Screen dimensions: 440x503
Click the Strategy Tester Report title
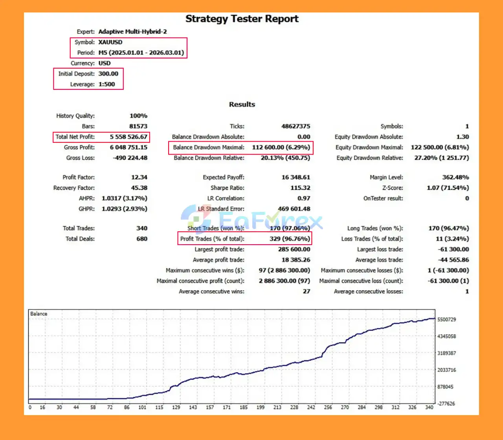tap(242, 19)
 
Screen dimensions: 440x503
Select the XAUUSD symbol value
tap(110, 42)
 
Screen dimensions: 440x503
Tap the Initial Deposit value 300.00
tap(108, 74)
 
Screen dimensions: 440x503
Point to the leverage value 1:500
tap(106, 84)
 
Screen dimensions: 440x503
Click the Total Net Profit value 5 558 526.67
tap(129, 137)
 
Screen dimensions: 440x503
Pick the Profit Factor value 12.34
tap(139, 177)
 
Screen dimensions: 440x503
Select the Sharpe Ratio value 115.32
tap(300, 188)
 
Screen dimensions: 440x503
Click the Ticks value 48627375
tap(296, 126)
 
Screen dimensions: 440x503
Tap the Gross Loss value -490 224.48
tap(130, 158)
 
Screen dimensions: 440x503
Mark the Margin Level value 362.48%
tap(455, 177)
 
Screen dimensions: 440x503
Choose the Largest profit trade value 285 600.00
tap(294, 249)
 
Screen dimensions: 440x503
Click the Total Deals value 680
tap(142, 239)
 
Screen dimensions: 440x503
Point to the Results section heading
tap(242, 104)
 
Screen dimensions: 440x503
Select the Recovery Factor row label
tap(74, 188)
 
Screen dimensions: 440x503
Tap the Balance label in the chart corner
tap(39, 314)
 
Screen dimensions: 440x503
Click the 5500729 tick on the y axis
tap(446, 320)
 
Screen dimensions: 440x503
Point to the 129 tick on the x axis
tap(176, 407)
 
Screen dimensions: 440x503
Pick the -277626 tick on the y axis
tap(446, 404)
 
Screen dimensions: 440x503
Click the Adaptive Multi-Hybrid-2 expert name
tap(132, 32)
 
